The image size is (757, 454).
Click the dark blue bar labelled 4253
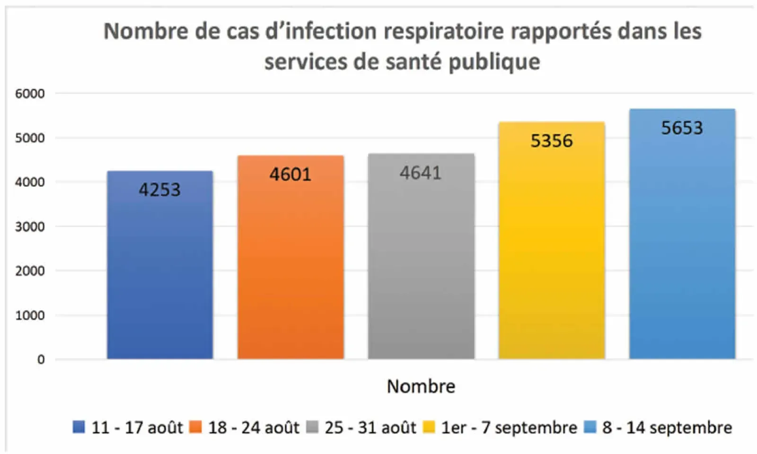(x=160, y=274)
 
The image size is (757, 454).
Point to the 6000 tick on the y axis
(x=30, y=94)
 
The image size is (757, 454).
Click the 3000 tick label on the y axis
(x=30, y=227)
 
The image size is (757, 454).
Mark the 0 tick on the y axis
(x=41, y=359)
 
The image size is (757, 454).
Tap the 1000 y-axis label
(x=30, y=315)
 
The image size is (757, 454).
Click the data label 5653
(x=682, y=128)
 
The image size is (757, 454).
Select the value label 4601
(x=290, y=175)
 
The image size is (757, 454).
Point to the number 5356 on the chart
(x=551, y=141)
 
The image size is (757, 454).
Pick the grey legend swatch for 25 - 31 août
(x=312, y=427)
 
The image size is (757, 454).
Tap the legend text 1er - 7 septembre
(x=509, y=428)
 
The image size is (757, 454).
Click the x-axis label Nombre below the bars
(x=421, y=386)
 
